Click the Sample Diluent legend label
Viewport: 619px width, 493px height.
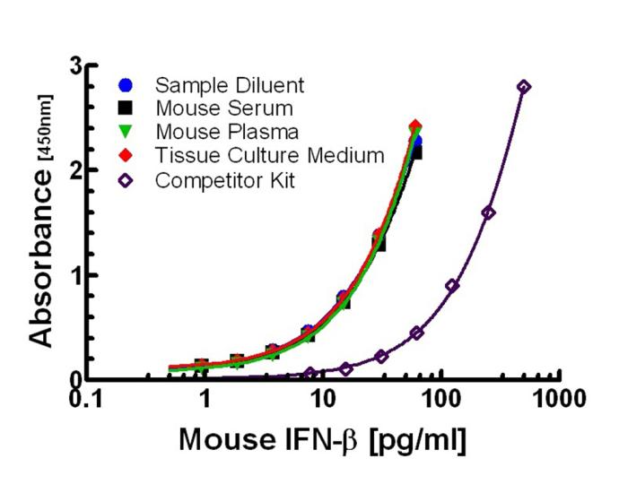click(230, 86)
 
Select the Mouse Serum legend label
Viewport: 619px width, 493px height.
click(223, 109)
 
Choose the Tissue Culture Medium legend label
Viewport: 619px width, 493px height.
click(270, 156)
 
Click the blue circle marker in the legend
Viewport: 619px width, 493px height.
click(126, 86)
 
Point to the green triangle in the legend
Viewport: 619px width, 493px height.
click(126, 133)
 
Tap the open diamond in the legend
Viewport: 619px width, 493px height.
click(126, 179)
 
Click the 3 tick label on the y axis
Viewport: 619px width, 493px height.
click(79, 66)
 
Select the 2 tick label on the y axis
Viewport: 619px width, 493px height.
click(79, 170)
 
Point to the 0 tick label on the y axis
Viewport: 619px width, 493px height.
click(79, 378)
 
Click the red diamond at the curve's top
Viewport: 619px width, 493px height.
click(414, 126)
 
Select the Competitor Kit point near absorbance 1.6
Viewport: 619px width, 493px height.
click(488, 212)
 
